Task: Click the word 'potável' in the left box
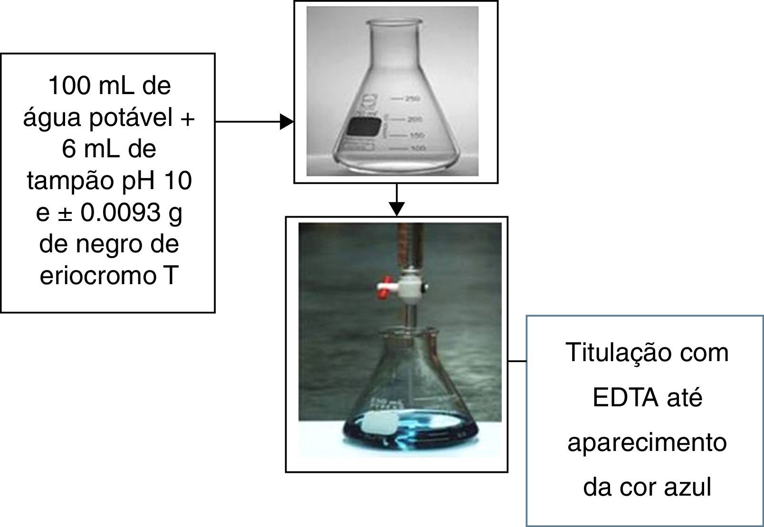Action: [131, 118]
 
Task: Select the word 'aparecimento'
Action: [647, 442]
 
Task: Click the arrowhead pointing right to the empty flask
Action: [286, 122]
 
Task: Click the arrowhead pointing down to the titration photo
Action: [397, 209]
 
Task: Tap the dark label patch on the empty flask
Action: [364, 127]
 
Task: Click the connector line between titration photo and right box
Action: [517, 361]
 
